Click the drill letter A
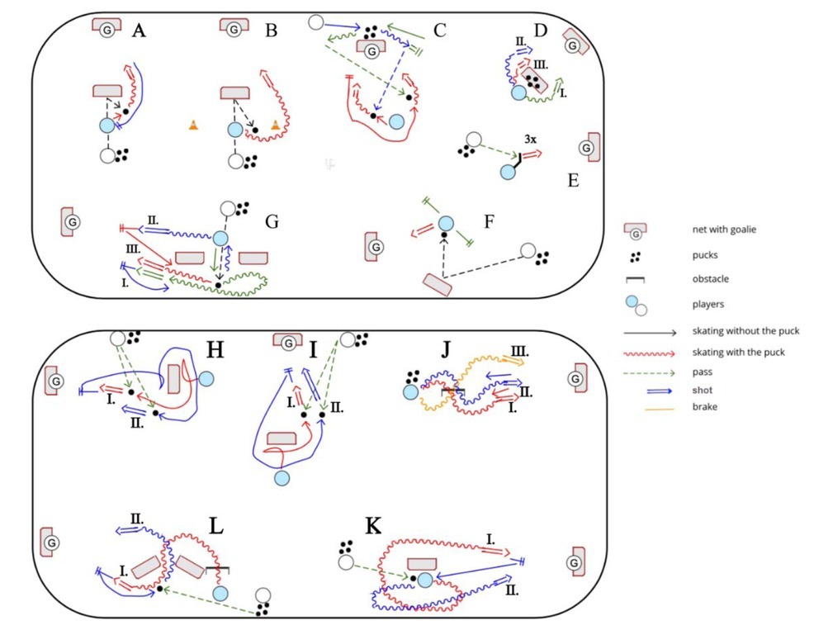(x=139, y=31)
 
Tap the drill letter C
(x=439, y=31)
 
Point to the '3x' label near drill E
(x=531, y=140)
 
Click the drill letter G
(x=272, y=221)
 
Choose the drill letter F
(x=488, y=221)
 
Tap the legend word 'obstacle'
(x=713, y=278)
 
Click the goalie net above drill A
(x=106, y=28)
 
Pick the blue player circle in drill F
(x=446, y=223)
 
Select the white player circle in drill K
(x=346, y=562)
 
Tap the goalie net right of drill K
(x=575, y=561)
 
